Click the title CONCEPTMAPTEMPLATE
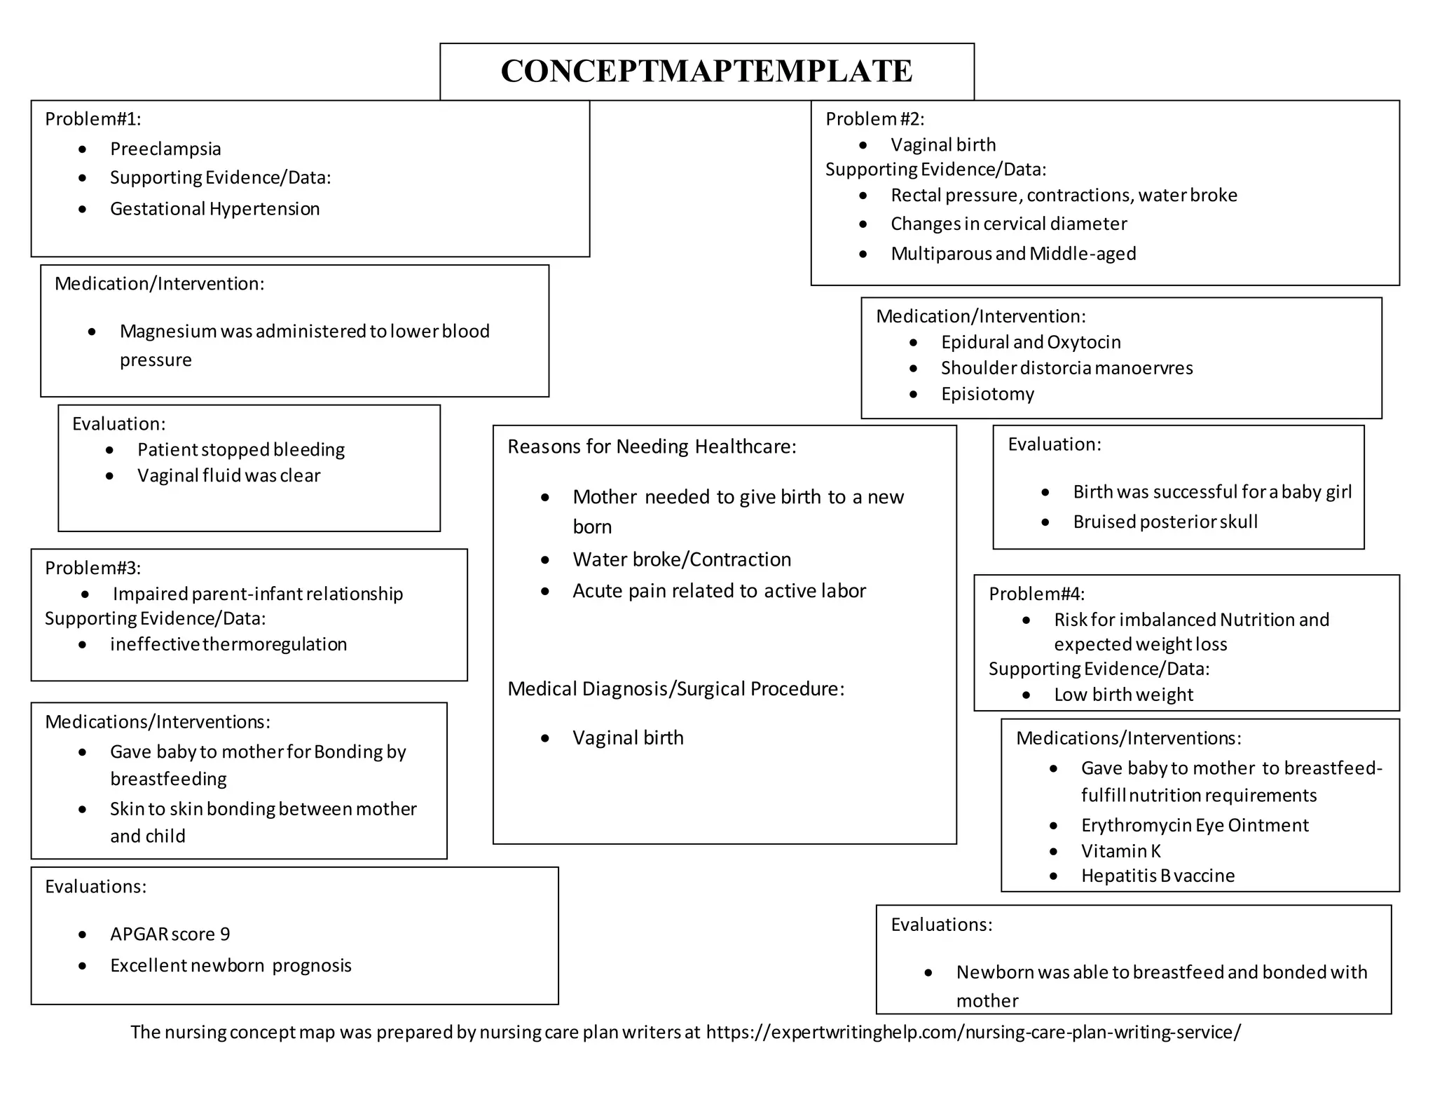[706, 71]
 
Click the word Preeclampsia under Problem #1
[165, 149]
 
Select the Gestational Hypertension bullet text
[214, 209]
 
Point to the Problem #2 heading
[874, 119]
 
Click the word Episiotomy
[987, 394]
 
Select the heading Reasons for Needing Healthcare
[652, 447]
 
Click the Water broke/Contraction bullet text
[682, 559]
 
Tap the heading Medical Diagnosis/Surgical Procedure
[675, 689]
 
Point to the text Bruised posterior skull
[1165, 522]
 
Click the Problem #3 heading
[92, 568]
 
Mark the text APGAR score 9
[170, 934]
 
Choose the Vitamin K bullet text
[1120, 851]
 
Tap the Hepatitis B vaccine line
[1158, 876]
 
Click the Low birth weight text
[1123, 695]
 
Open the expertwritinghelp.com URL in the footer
[973, 1032]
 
